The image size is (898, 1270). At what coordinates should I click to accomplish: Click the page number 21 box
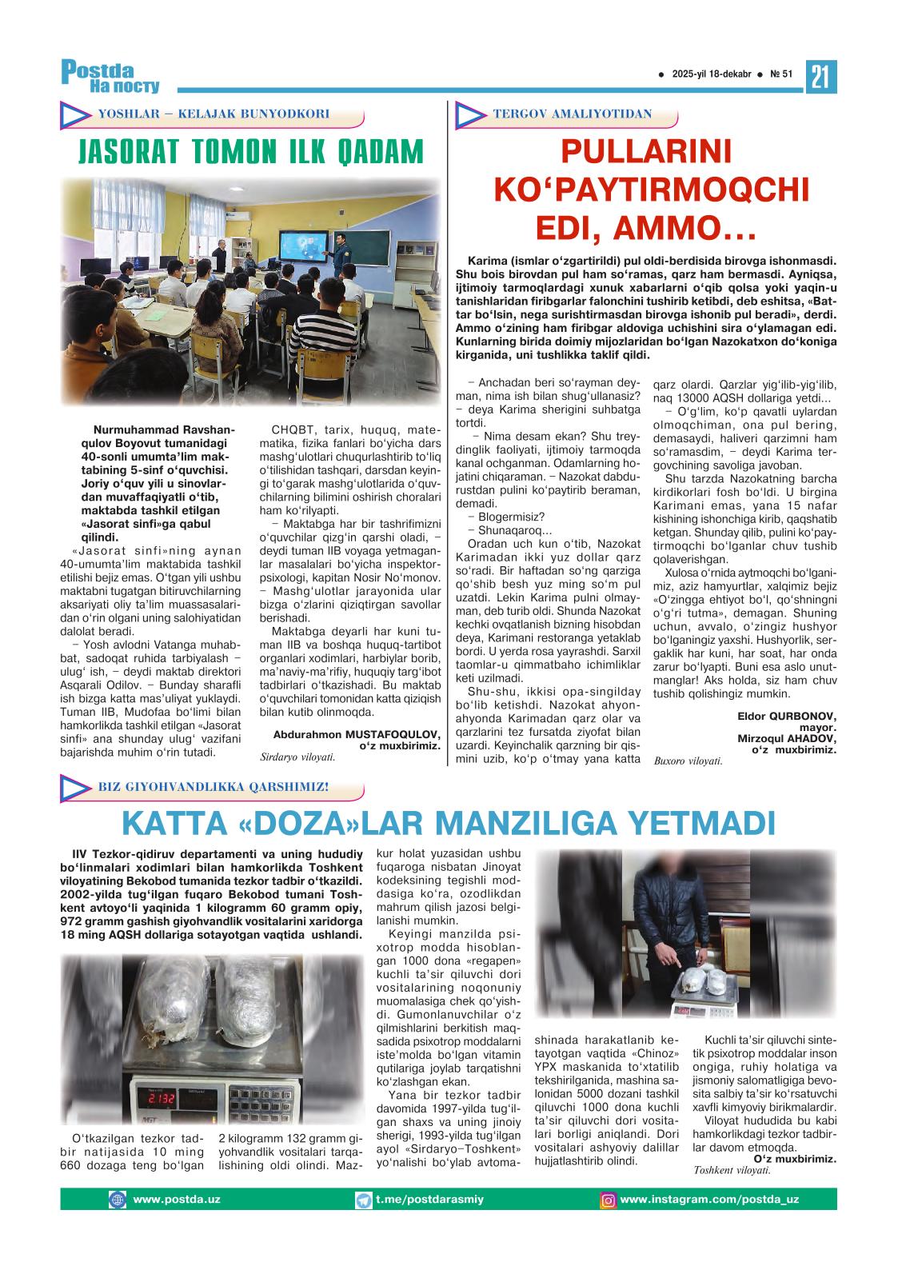coord(820,77)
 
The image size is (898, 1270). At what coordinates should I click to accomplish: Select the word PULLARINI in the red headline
coord(645,151)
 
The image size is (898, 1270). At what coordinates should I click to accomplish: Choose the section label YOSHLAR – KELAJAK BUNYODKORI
coord(214,114)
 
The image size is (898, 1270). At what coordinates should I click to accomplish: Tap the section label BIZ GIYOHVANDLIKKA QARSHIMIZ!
coord(214,787)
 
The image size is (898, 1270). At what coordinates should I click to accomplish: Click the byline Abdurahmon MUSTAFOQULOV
coord(357,733)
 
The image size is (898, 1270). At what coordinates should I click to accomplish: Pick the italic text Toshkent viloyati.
coord(732,1170)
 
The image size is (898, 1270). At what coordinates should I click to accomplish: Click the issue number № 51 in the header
coord(780,74)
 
